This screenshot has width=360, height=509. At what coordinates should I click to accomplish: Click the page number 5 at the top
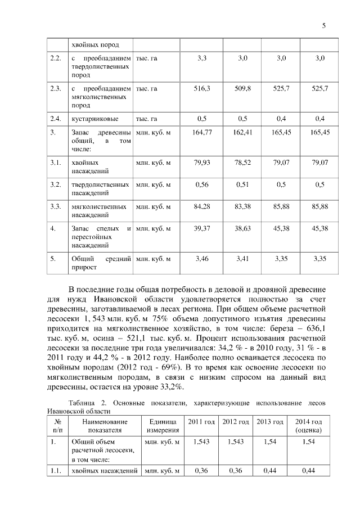coord(324,26)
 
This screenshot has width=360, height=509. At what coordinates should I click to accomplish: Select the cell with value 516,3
coord(202,89)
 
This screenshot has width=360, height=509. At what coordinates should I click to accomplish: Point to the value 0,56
coord(202,184)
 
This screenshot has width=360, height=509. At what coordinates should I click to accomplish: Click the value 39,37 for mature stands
coord(202,228)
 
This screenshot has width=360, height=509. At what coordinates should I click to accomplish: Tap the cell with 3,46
coord(202,259)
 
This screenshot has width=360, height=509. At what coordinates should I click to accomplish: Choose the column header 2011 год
coord(201,422)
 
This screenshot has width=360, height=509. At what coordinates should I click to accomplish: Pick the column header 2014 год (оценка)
coord(308,426)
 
